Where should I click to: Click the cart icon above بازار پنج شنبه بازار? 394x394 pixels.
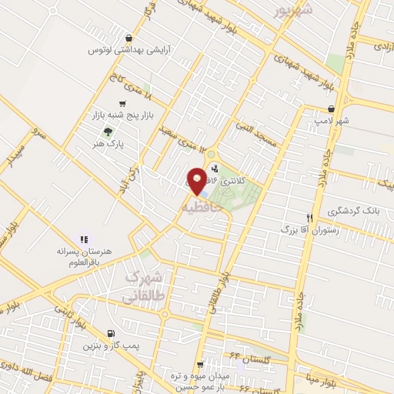click(122, 104)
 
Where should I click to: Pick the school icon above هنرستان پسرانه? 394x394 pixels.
click(84, 239)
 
